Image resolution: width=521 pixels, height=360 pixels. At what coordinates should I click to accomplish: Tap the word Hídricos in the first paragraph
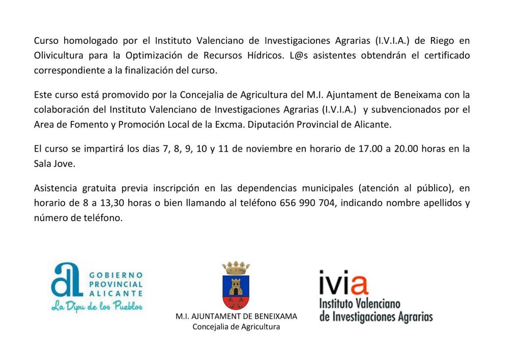pyautogui.click(x=261, y=55)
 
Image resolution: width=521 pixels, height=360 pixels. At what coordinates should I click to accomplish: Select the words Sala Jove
pyautogui.click(x=54, y=164)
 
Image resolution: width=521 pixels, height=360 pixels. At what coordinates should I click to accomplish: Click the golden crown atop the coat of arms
pyautogui.click(x=236, y=267)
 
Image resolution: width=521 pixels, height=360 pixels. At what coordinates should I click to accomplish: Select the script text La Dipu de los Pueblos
pyautogui.click(x=97, y=306)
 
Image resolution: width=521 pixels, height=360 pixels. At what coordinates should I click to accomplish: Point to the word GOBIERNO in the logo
pyautogui.click(x=115, y=275)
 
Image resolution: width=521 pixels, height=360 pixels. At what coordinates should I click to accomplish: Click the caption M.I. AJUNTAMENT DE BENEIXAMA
pyautogui.click(x=236, y=316)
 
